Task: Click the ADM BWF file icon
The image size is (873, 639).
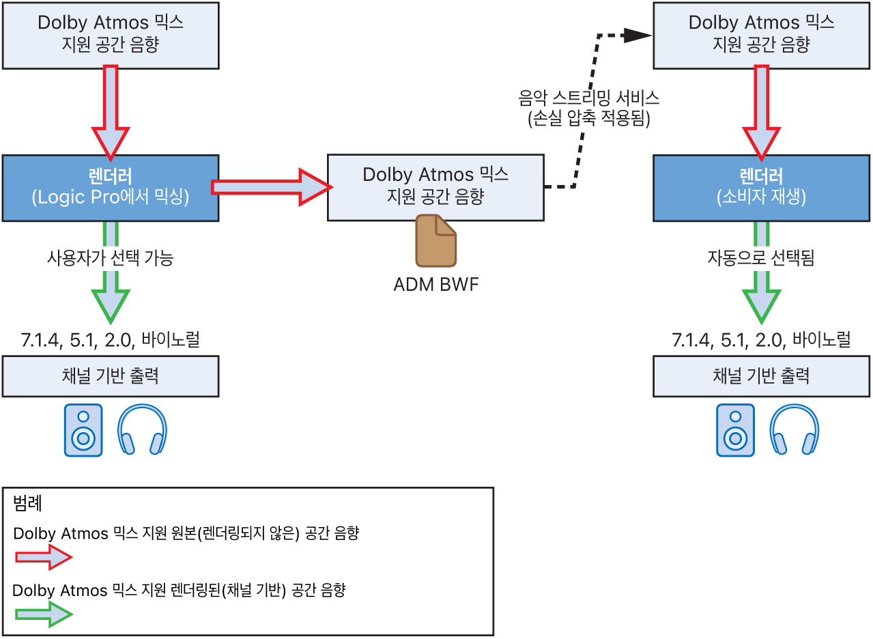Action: coord(436,240)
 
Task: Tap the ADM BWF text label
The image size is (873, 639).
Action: coord(436,284)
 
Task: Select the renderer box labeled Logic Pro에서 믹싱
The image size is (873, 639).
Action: coord(111,188)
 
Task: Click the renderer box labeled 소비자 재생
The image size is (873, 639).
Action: coord(761,188)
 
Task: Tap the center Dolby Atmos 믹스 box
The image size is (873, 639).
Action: coord(435,186)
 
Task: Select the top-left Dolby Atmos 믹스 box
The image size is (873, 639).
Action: coord(111,34)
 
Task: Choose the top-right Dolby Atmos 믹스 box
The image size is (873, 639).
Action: coord(761,34)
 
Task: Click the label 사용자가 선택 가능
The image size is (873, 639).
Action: coord(111,258)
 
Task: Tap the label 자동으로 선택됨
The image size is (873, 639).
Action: coord(761,258)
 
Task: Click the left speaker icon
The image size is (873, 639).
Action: coord(83,430)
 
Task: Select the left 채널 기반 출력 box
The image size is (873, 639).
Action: coord(111,376)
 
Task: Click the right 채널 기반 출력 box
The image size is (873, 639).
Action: coord(761,376)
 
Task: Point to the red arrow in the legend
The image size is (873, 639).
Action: coord(43,558)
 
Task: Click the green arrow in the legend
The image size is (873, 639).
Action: coord(43,615)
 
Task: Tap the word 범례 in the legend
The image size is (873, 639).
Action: coord(28,505)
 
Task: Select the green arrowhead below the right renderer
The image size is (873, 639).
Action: coord(761,306)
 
